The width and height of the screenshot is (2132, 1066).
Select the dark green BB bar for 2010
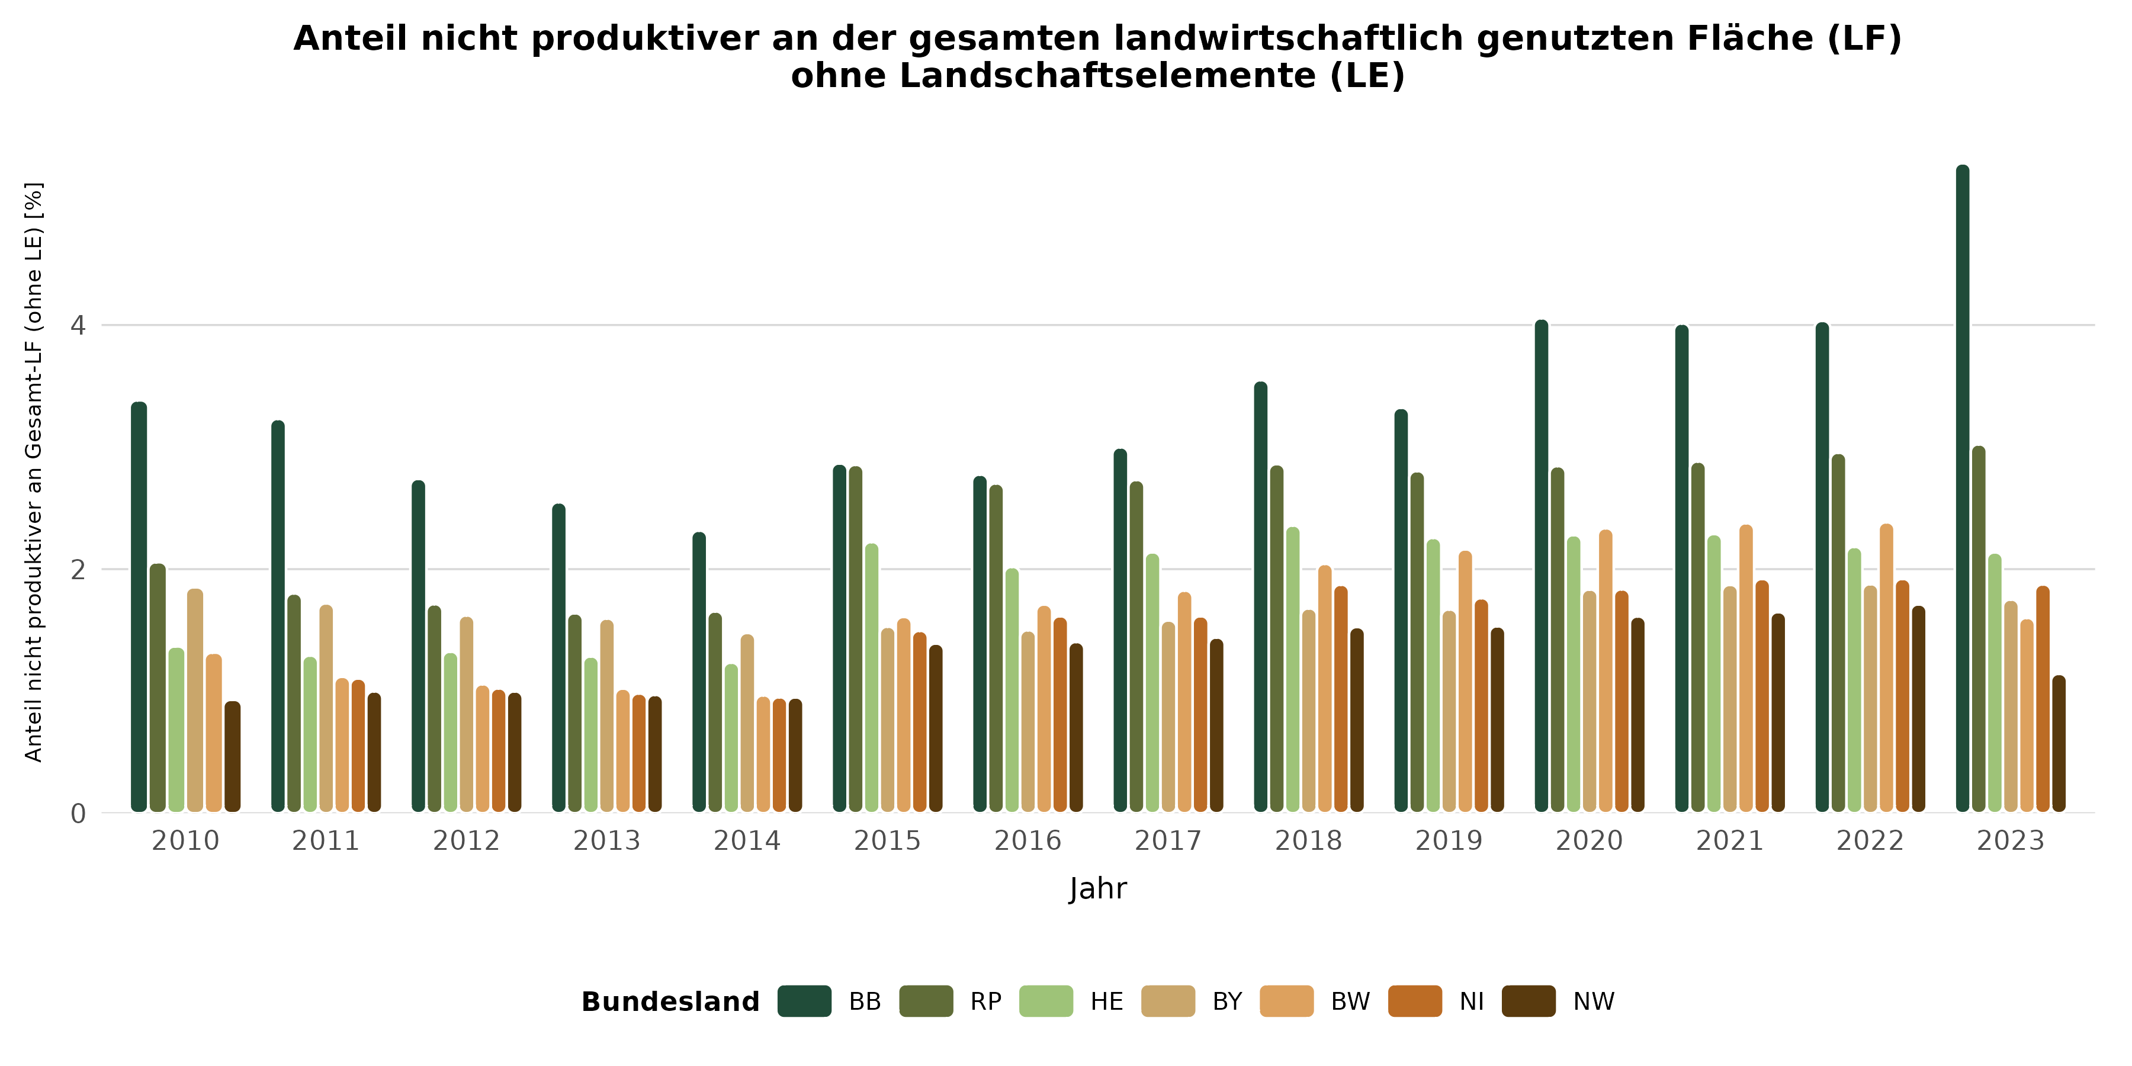tap(139, 606)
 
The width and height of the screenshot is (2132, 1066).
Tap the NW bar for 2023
tap(2059, 743)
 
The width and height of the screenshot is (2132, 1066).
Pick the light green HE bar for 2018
tap(1293, 669)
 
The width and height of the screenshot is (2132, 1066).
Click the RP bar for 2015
tap(856, 639)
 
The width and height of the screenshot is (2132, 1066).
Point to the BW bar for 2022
tap(1886, 667)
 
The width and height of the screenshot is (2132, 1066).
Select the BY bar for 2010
tap(195, 700)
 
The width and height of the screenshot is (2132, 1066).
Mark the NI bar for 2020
tap(1622, 701)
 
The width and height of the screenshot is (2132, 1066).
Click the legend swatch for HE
tap(1046, 1001)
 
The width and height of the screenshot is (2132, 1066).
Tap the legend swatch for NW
tap(1529, 1001)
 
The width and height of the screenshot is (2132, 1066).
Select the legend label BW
tap(1350, 1001)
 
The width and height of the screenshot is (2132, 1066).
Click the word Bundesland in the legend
tap(670, 1001)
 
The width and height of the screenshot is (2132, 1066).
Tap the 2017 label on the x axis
tap(1168, 841)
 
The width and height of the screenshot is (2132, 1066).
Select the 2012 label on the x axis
tap(466, 841)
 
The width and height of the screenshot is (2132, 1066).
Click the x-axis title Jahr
tap(1097, 889)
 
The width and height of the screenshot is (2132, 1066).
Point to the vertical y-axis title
tap(33, 472)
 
